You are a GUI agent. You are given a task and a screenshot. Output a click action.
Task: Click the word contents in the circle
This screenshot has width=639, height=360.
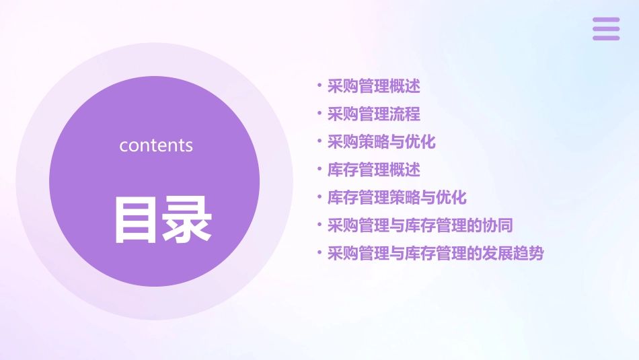point(156,145)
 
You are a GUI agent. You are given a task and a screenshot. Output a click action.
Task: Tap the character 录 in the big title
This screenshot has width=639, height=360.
point(188,219)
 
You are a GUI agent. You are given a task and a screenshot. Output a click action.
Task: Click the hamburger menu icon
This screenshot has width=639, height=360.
point(606,29)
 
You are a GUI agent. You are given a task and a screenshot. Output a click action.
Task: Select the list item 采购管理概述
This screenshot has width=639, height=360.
point(373,86)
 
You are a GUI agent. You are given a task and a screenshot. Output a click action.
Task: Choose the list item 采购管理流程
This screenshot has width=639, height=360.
point(373,114)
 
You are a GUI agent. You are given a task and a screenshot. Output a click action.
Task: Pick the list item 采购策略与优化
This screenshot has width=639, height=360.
point(381,142)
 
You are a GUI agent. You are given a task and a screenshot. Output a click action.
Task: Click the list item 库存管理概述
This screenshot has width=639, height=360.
point(373,170)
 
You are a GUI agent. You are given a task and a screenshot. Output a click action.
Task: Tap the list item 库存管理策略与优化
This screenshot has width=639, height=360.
point(397,198)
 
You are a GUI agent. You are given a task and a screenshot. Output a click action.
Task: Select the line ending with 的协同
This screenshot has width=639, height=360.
point(420,225)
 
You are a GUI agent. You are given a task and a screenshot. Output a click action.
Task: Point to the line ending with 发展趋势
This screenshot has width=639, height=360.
point(435,254)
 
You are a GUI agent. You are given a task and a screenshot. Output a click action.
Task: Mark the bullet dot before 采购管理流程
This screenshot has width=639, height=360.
point(319,114)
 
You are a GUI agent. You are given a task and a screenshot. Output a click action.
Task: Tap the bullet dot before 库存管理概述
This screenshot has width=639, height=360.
point(319,169)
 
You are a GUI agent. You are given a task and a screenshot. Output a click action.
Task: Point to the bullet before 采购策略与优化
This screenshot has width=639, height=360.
point(319,141)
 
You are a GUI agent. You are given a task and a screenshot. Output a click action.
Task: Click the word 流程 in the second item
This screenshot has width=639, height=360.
point(405,114)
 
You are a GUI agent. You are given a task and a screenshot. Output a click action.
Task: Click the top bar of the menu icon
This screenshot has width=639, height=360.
point(606,20)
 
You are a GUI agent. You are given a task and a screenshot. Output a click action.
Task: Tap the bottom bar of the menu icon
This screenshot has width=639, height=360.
point(606,38)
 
